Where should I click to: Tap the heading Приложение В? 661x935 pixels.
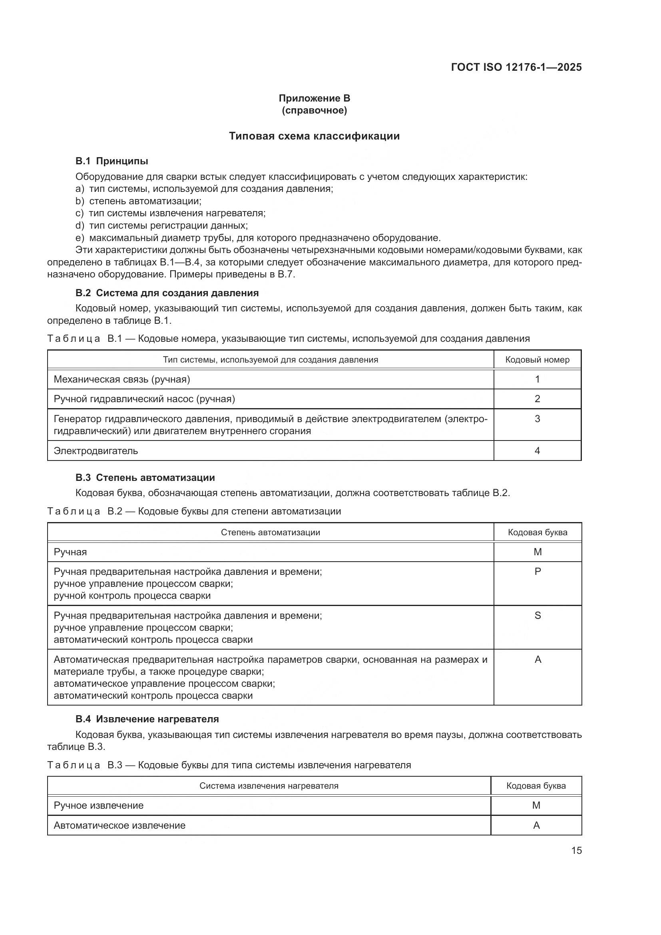[314, 98]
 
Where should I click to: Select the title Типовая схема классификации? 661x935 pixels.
[314, 136]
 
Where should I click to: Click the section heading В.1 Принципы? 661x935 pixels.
[111, 161]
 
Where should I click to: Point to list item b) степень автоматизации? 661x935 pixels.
[138, 201]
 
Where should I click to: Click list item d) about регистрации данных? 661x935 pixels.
[161, 225]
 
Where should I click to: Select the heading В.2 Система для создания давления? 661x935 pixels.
[167, 293]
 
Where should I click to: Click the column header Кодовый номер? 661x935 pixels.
[537, 360]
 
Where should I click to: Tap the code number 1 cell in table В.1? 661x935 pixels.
[537, 379]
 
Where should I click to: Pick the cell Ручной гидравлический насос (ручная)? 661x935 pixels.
[145, 399]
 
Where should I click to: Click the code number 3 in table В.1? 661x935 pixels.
[537, 419]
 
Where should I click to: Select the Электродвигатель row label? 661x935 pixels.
[96, 451]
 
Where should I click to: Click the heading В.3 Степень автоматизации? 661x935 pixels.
[145, 477]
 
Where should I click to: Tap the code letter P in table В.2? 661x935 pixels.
[538, 571]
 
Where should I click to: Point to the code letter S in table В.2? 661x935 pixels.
[538, 615]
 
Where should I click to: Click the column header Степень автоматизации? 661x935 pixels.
[270, 532]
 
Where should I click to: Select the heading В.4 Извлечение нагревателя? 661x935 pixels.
[147, 719]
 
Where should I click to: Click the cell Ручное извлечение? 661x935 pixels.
[99, 805]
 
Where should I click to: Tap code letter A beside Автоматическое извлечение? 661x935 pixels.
[536, 825]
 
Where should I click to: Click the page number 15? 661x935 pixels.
[576, 850]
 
